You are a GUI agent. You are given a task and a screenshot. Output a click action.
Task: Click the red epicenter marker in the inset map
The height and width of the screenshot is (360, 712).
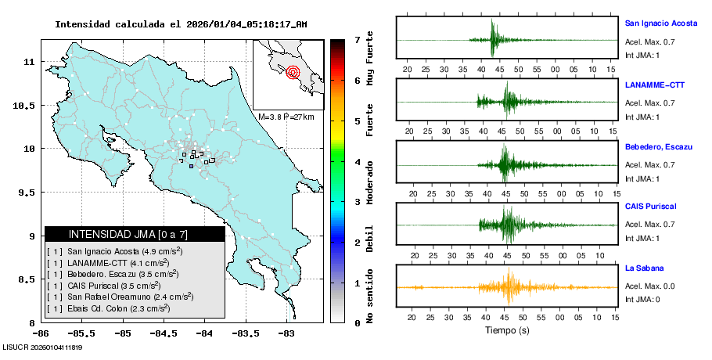293,73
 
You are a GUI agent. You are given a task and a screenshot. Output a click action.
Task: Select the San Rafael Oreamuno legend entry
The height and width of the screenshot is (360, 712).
129,297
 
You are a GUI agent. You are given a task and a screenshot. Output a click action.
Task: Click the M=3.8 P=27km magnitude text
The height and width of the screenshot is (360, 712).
286,117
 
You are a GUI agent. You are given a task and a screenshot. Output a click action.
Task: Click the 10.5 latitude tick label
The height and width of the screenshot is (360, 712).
26,106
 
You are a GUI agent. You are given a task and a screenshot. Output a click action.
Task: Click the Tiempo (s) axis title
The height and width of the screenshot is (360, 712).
507,331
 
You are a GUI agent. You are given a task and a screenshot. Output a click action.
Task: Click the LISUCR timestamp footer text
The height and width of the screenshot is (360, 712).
43,347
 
